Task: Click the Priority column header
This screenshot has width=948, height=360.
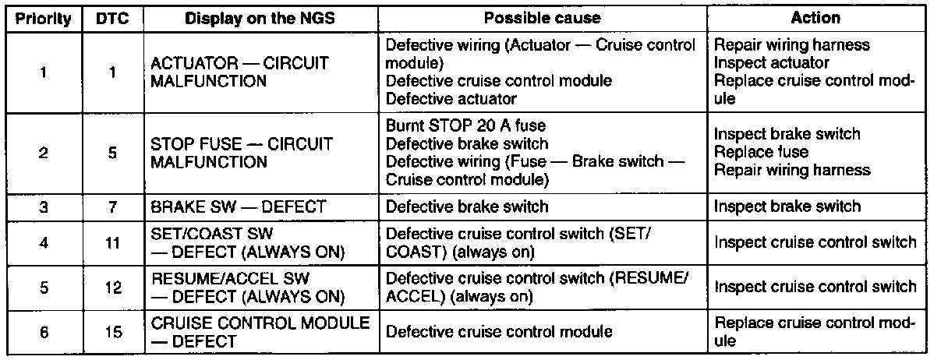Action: point(44,19)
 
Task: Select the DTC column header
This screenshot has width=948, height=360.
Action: point(112,19)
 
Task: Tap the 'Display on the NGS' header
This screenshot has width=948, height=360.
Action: point(260,19)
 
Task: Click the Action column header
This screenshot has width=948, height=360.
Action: point(815,19)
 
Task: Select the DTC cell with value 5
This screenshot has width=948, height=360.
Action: point(112,154)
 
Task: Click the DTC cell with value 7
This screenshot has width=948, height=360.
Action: point(112,206)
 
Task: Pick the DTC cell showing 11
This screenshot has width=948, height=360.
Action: point(112,243)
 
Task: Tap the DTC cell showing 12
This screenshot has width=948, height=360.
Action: point(112,287)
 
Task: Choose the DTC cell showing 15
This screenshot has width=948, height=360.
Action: point(112,331)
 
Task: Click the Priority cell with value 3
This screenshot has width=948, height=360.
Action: point(44,206)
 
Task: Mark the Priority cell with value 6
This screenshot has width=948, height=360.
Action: point(44,331)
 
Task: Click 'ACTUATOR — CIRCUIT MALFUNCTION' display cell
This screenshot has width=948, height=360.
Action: point(240,72)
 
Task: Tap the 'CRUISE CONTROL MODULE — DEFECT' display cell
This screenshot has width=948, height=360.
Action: point(259,331)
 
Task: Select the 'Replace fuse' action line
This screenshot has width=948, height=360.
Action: point(750,152)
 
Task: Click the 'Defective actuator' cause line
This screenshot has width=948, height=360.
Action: point(451,99)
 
